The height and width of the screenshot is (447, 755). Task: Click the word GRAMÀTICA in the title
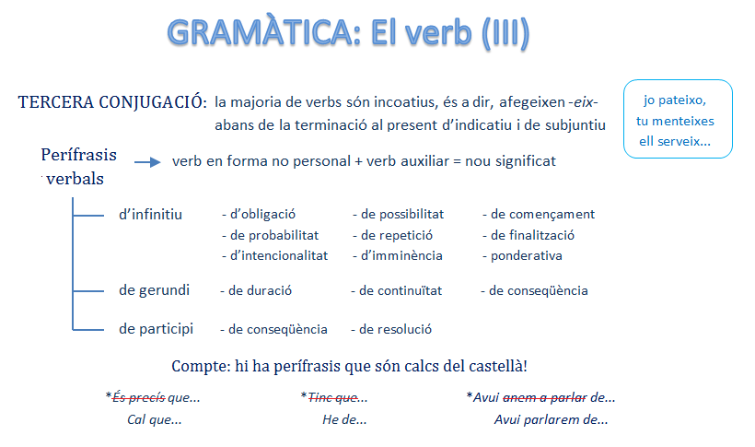pos(263,33)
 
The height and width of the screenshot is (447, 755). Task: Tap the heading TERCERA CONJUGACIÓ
pos(112,102)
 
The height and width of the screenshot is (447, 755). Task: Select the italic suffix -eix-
pos(583,102)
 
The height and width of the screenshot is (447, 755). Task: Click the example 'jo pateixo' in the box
pos(675,100)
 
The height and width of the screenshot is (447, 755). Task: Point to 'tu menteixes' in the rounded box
pos(675,121)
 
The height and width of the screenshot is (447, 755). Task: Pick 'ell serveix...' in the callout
pos(675,141)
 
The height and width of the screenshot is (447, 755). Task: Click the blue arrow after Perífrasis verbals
pos(147,162)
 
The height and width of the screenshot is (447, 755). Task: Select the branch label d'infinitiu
pos(150,214)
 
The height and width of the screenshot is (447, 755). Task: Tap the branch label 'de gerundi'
pos(154,290)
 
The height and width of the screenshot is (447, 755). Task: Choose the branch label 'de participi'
pos(156,329)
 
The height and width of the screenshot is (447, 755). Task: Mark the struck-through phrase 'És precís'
pos(139,397)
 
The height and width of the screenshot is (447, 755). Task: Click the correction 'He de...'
pos(344,419)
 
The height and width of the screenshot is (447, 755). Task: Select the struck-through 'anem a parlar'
pos(544,397)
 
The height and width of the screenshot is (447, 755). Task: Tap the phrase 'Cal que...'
pos(154,419)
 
